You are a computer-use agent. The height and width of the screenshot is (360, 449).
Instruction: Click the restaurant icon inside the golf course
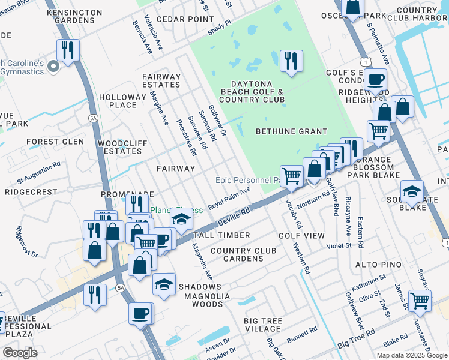coord(291,60)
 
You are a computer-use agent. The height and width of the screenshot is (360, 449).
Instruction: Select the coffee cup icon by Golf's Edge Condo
coord(375,79)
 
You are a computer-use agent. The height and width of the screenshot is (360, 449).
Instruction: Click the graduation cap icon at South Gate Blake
coord(412,191)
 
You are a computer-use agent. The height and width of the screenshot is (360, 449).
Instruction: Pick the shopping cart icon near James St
coord(420,300)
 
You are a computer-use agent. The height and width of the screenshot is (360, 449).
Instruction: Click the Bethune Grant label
coord(291,131)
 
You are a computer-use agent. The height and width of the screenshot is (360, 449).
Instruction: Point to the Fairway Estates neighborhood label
coord(161,81)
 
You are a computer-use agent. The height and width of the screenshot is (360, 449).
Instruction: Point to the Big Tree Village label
coord(263,325)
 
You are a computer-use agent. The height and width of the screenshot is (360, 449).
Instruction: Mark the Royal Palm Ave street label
coord(229,198)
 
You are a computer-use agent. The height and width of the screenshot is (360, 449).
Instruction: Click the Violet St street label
coord(339,245)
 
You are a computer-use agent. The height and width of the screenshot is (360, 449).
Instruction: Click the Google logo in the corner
coord(20,353)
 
